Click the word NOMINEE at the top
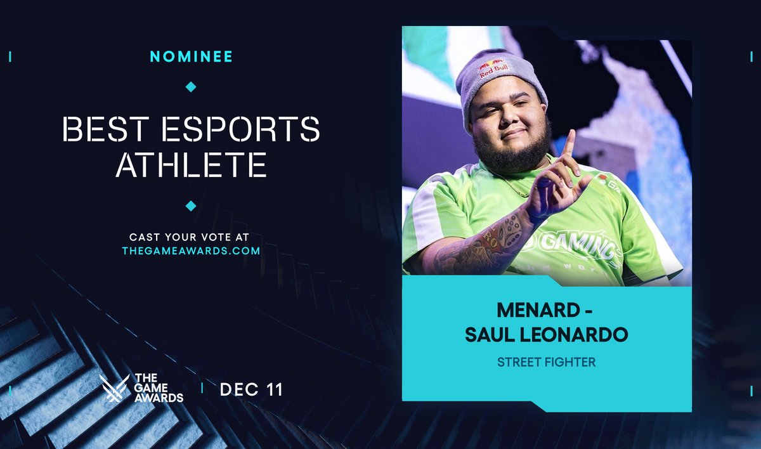(191, 56)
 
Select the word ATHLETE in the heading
(191, 164)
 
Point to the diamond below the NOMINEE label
(191, 86)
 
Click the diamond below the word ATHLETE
(191, 205)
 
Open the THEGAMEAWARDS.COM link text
(191, 251)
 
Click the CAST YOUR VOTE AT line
(191, 237)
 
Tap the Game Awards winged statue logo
(114, 388)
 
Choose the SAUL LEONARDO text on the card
(547, 335)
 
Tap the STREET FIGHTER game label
(547, 362)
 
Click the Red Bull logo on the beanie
(493, 68)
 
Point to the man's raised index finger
(569, 143)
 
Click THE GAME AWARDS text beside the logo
(159, 388)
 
